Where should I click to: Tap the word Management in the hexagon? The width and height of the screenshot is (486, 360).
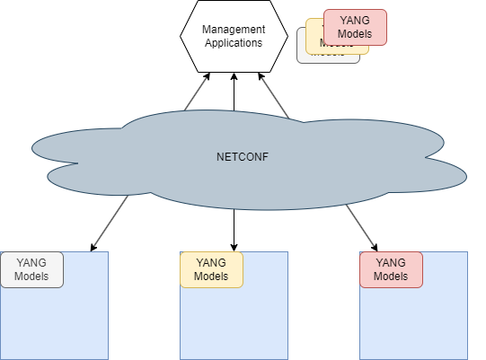[x=234, y=30]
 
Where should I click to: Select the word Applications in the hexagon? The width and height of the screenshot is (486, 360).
[x=234, y=42]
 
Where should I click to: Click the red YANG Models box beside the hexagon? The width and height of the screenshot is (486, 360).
[x=355, y=27]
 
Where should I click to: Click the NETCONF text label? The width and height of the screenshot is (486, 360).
[x=243, y=157]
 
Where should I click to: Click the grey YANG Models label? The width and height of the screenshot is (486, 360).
[x=31, y=269]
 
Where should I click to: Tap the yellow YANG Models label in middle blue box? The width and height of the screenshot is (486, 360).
[x=211, y=269]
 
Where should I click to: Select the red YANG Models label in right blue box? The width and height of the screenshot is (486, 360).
[x=391, y=269]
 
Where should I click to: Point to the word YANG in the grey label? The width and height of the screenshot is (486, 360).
[x=31, y=263]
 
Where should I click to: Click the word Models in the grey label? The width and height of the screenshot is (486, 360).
[x=31, y=277]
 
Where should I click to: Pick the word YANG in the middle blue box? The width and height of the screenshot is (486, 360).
[x=211, y=263]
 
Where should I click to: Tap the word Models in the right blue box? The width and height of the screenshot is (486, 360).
[x=391, y=277]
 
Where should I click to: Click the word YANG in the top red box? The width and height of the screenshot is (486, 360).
[x=355, y=21]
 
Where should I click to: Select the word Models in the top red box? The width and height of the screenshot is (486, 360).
[x=355, y=34]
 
